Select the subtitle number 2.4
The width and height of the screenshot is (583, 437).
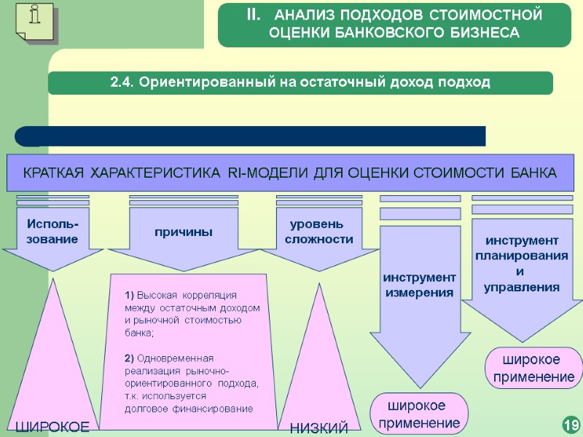coord(122,82)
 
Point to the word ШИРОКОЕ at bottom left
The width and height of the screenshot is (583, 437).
coord(52,427)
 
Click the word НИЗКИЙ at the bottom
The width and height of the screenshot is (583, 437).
coord(319,428)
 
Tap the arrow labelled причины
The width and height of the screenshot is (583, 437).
coord(183,232)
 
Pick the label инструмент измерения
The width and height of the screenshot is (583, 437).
coord(419,285)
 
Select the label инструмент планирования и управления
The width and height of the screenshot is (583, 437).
coord(521,264)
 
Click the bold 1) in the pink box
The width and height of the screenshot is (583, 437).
coord(130,295)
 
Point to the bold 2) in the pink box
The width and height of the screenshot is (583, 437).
coord(130,358)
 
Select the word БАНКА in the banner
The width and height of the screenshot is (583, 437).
coord(533,173)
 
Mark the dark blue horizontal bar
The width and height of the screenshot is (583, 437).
coord(251,135)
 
